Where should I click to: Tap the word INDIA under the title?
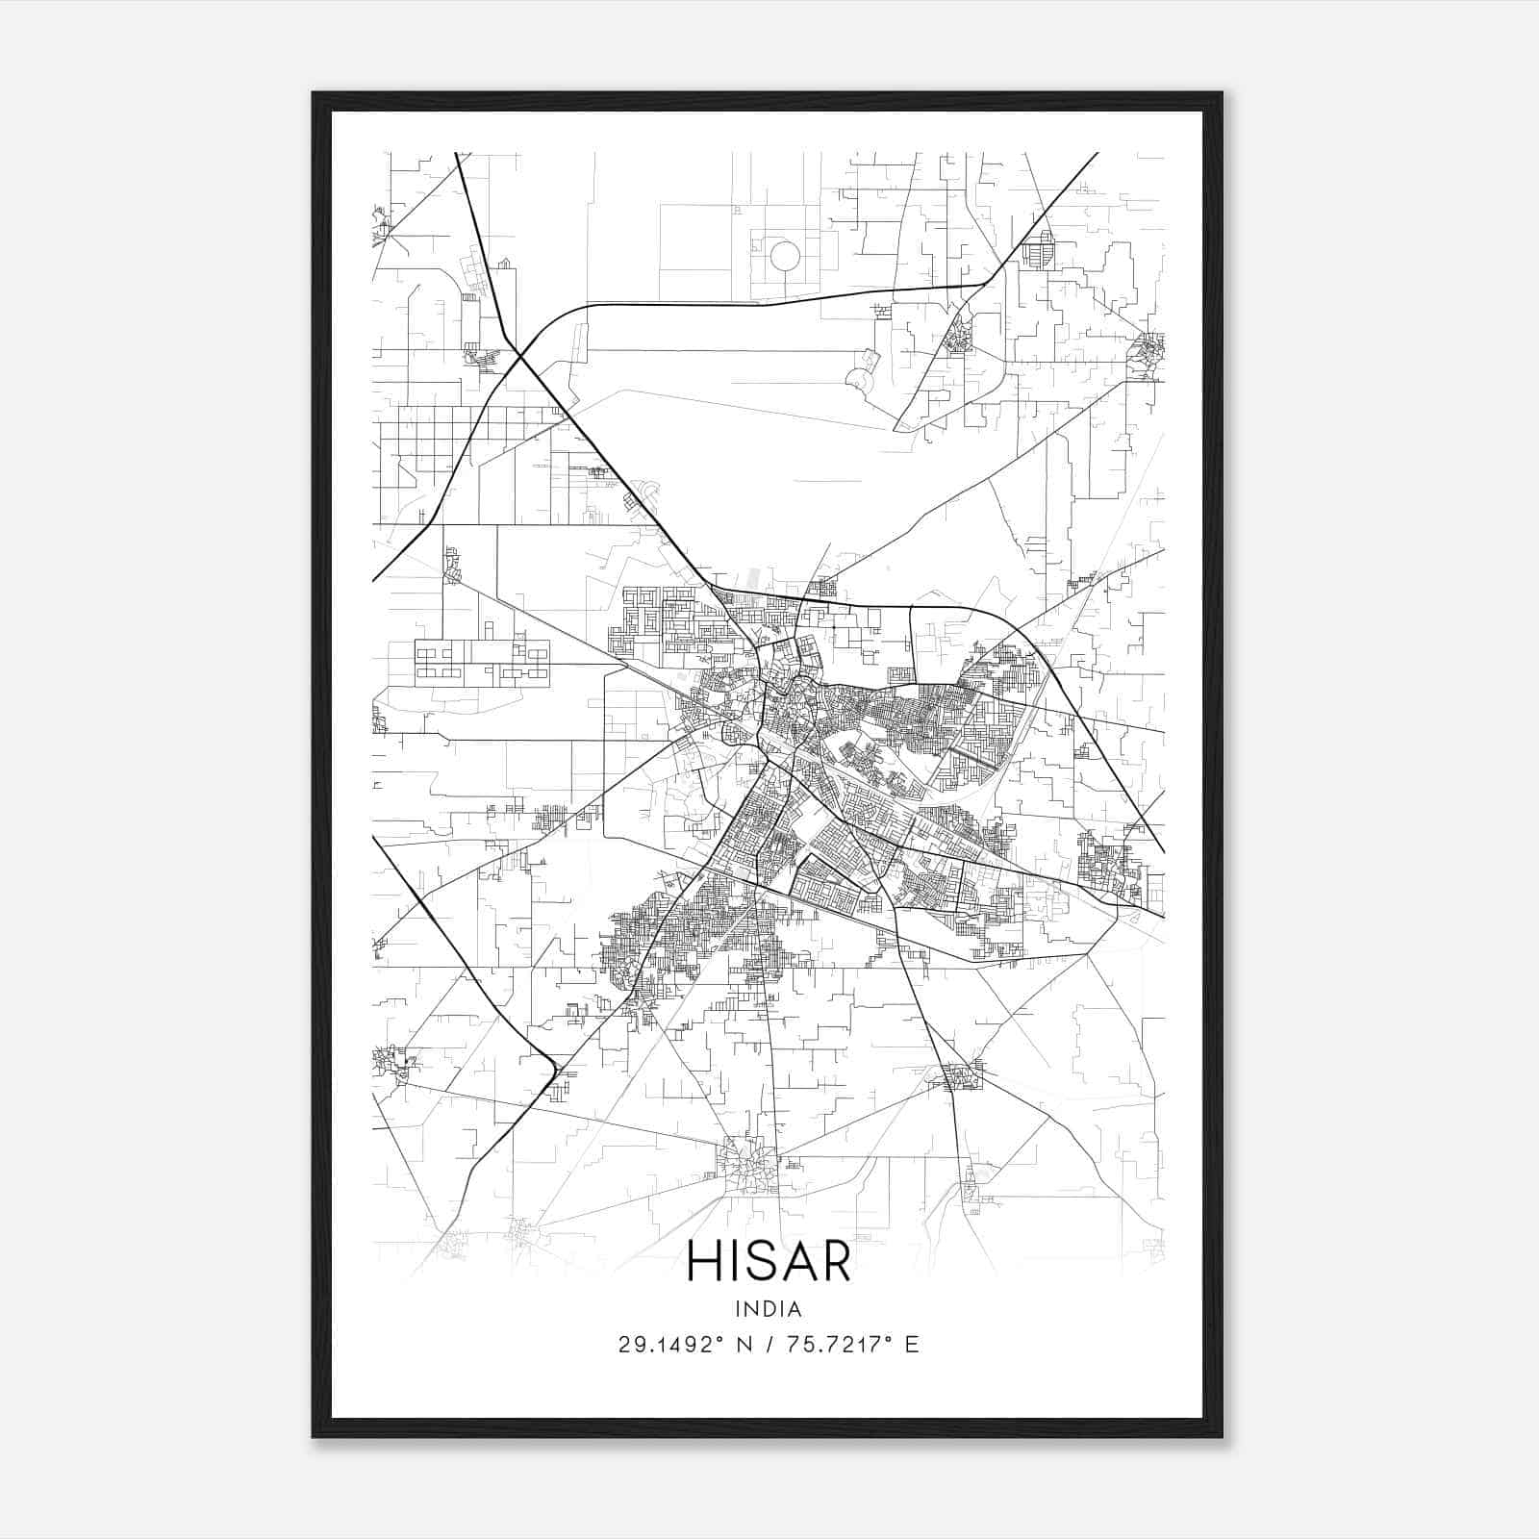click(769, 1309)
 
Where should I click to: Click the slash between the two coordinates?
click(765, 1345)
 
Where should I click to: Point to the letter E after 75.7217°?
click(912, 1345)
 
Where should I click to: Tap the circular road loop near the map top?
click(785, 257)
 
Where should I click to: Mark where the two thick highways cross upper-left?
click(520, 356)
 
